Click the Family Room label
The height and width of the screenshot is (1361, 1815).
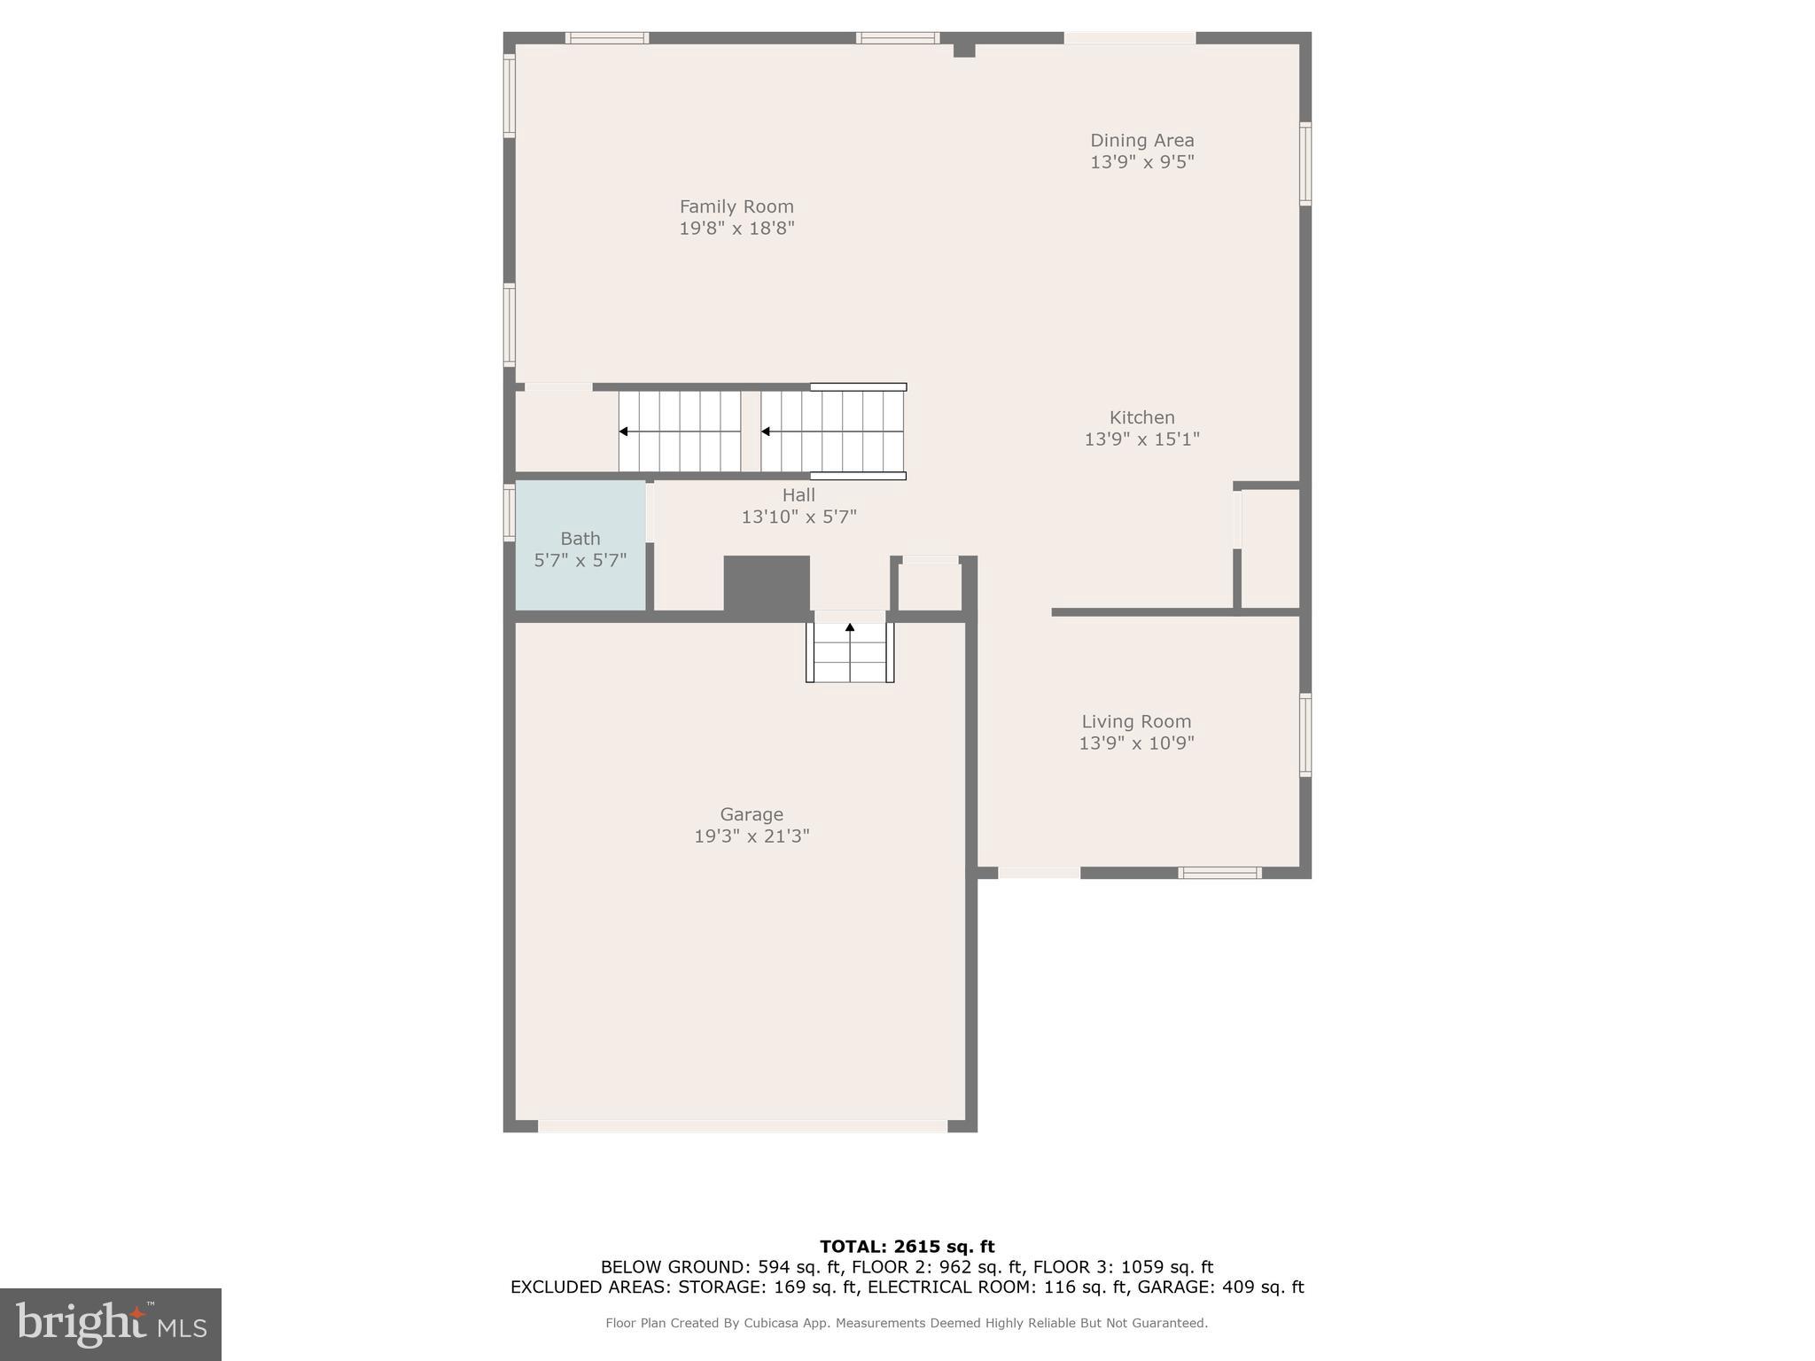click(736, 206)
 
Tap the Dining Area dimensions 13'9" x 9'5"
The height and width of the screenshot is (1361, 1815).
click(1141, 162)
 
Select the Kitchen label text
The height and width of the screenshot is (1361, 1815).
click(1141, 417)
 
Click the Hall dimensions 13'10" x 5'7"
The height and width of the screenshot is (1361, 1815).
click(798, 517)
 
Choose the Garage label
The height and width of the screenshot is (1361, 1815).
click(751, 814)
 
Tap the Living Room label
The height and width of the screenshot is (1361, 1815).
click(1136, 722)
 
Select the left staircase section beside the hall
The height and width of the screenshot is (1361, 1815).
click(680, 432)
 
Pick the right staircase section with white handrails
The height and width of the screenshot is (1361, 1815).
click(832, 432)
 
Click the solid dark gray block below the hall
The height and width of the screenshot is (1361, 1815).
click(767, 583)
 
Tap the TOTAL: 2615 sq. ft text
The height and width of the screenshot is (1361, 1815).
click(907, 1247)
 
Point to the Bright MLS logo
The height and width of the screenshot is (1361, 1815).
click(111, 1324)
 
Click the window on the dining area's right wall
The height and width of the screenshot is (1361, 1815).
click(1305, 164)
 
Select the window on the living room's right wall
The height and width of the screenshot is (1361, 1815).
click(1305, 735)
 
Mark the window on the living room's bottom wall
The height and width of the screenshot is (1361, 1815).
click(1219, 873)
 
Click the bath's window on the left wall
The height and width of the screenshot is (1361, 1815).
click(510, 512)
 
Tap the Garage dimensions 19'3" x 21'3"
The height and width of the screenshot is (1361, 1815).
click(752, 836)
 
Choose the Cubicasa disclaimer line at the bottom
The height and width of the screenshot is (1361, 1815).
click(907, 1323)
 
